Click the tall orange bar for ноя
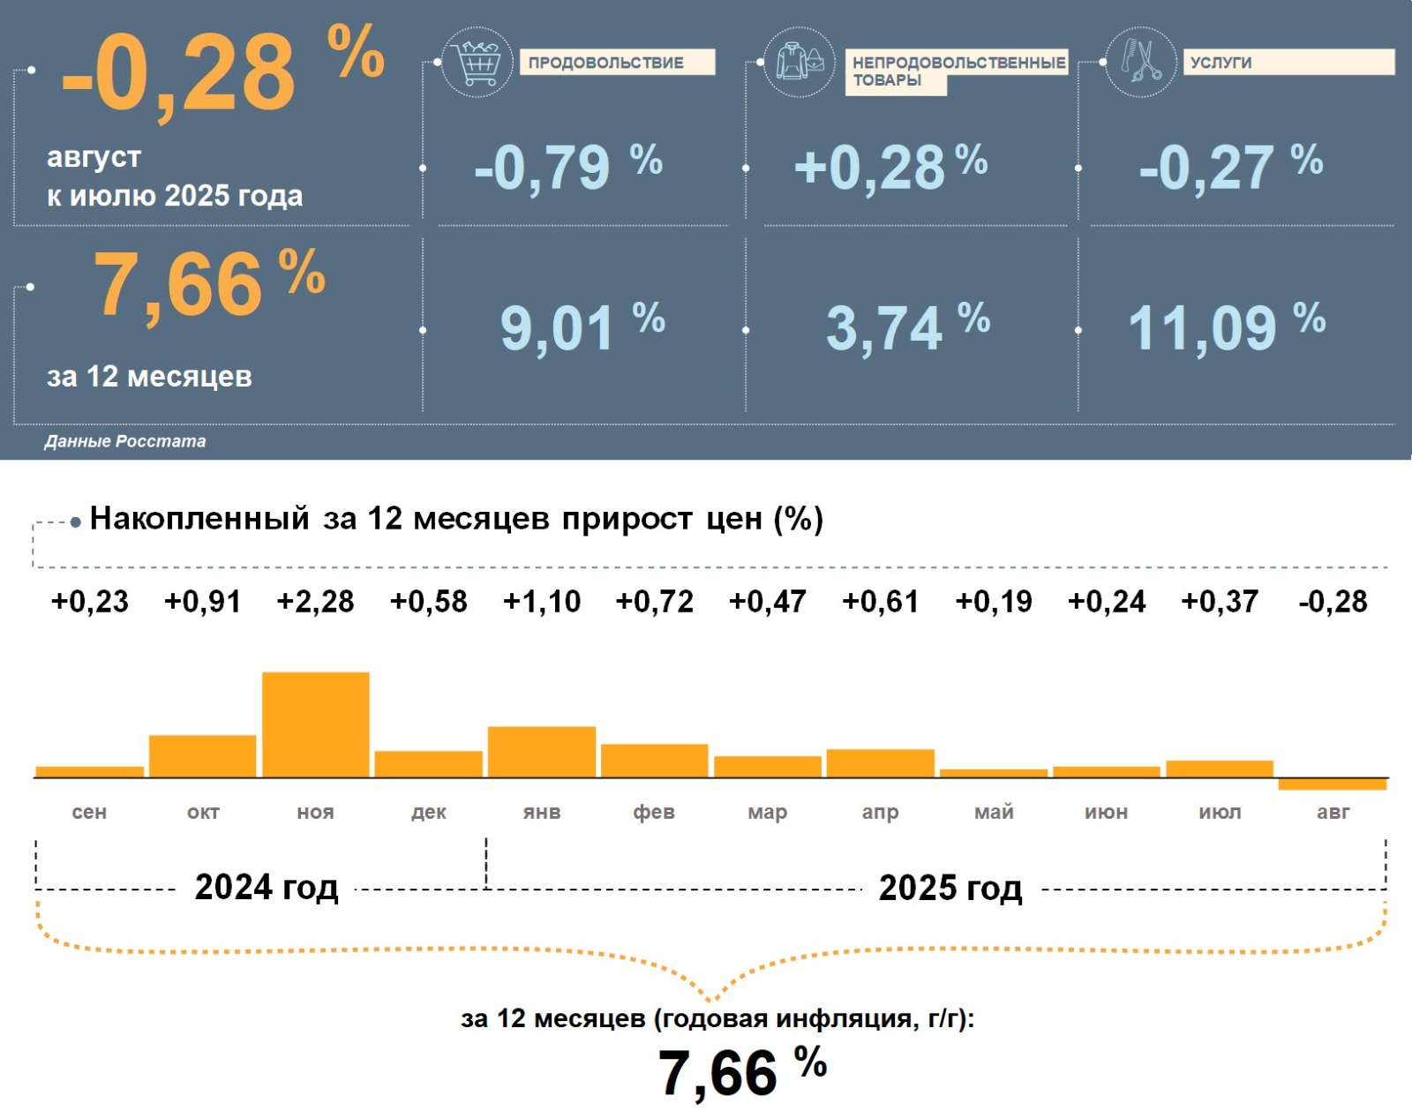point(315,724)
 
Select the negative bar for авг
point(1333,784)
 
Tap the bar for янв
point(541,752)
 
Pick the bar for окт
point(202,756)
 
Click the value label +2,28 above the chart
point(315,602)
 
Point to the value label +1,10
point(541,602)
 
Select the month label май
point(994,812)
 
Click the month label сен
point(89,812)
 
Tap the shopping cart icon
point(477,62)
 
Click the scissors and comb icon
point(1140,62)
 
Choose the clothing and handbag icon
point(800,62)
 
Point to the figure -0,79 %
point(567,167)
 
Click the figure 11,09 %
point(1226,327)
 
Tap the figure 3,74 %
point(907,327)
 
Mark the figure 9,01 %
point(582,327)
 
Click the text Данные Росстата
point(125,441)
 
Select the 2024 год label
point(266,888)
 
